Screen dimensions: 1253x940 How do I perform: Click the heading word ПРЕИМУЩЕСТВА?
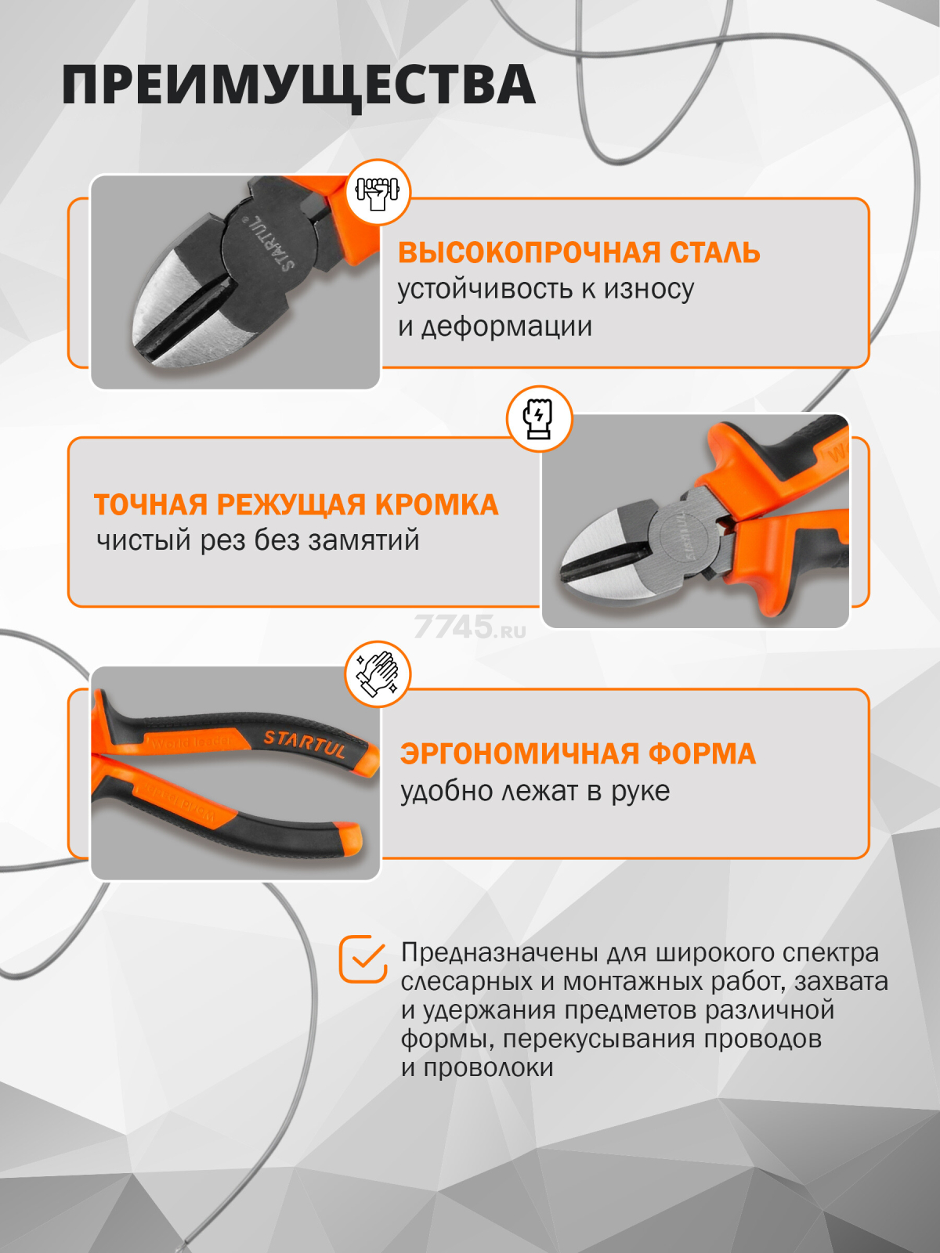click(x=298, y=85)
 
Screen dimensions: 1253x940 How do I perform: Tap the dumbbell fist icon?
click(x=378, y=193)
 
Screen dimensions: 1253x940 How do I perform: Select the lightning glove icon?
click(x=539, y=418)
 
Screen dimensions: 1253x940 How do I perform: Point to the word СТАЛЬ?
click(x=715, y=253)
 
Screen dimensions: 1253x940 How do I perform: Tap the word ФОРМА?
click(x=703, y=754)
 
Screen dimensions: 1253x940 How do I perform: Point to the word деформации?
click(x=506, y=327)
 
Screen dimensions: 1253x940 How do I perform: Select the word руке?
click(x=640, y=792)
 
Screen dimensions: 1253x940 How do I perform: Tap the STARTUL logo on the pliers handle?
click(x=304, y=743)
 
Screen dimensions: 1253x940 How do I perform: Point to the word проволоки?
click(x=488, y=1068)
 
